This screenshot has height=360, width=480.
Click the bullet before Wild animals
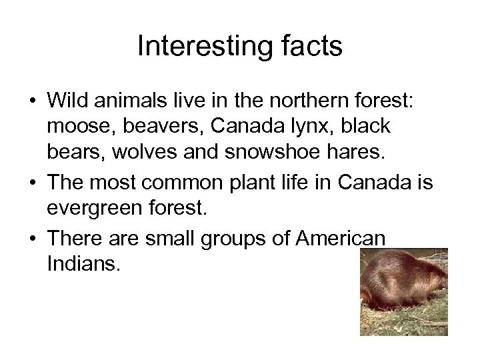point(31,102)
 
